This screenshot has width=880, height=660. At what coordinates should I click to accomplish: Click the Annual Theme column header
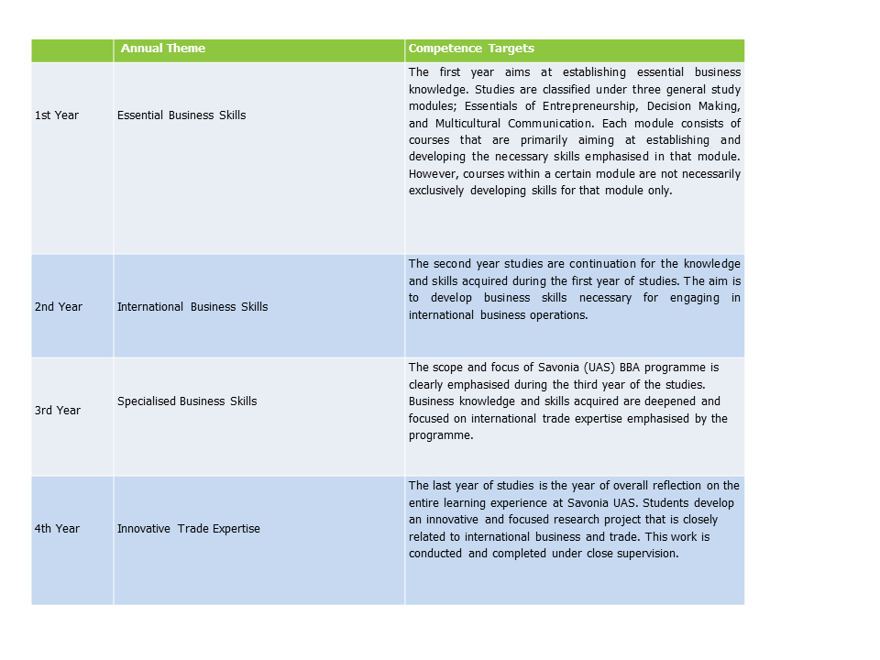163,49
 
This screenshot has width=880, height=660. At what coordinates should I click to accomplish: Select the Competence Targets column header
471,49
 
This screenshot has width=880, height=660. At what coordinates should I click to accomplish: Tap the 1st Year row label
57,115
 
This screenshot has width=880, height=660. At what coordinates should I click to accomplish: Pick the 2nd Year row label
59,307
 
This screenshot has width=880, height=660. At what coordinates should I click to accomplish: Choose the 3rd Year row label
58,411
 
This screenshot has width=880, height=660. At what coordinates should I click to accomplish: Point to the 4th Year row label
57,529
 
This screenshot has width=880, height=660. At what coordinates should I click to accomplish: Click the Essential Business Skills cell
181,115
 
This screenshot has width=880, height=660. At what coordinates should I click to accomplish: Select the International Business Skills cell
192,307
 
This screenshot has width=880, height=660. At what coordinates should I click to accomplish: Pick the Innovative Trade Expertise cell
189,529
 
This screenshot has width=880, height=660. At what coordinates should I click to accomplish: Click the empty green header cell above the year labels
72,49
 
